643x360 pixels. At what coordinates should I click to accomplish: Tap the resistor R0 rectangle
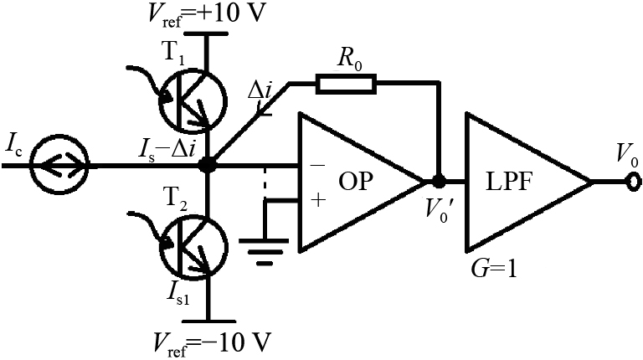pos(346,83)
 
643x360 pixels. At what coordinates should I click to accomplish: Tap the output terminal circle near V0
pos(629,181)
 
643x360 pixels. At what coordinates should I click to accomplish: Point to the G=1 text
pos(493,270)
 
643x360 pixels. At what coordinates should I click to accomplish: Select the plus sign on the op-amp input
pos(316,200)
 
